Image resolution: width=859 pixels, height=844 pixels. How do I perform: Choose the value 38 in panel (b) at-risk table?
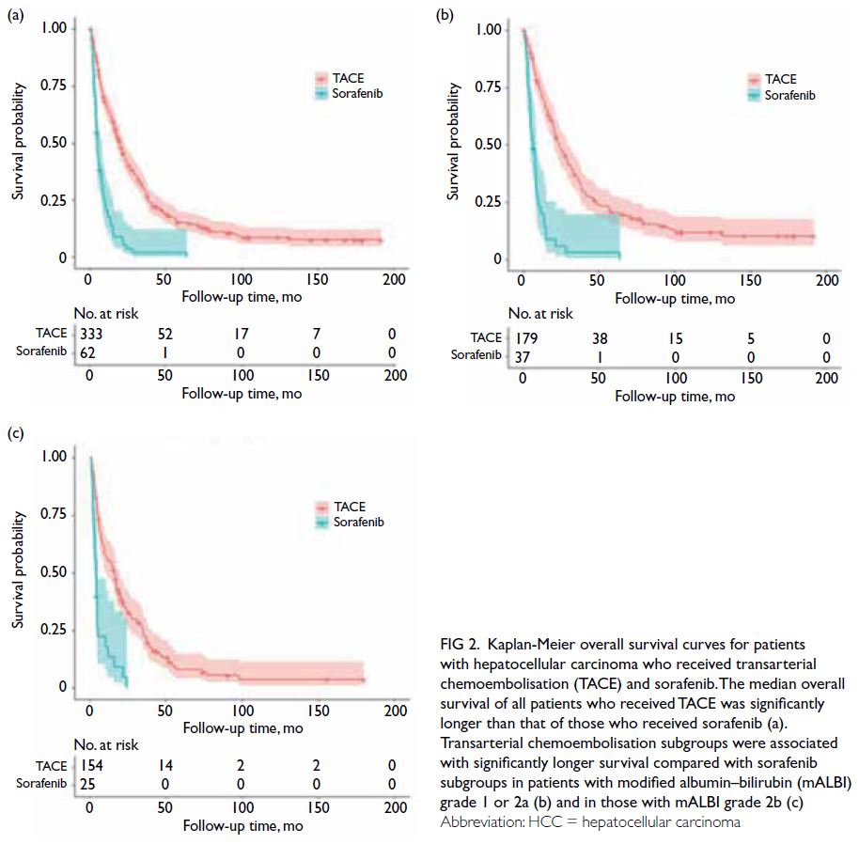tap(599, 337)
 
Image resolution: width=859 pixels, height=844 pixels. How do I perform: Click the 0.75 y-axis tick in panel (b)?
tap(490, 86)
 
